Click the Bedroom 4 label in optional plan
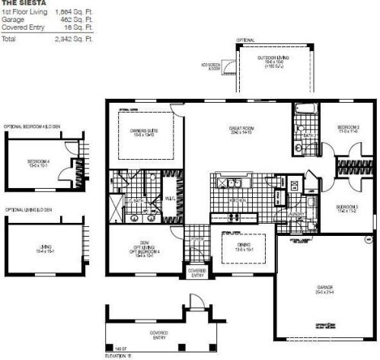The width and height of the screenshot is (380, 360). (x=38, y=161)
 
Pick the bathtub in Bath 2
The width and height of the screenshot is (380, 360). (x=302, y=109)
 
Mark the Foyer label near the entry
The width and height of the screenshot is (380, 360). (x=196, y=243)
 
